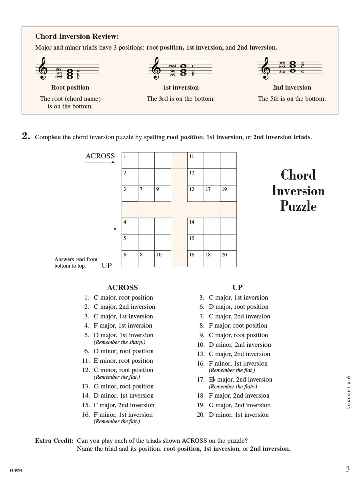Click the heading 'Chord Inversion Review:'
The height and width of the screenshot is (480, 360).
coord(77,36)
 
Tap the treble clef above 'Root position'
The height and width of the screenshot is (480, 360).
coord(43,68)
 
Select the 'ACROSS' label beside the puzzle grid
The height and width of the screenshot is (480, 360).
coord(100,156)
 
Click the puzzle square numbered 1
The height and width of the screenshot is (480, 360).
coord(130,160)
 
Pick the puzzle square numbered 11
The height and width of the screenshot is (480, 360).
coord(195,160)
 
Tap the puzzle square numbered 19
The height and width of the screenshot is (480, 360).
coord(228,193)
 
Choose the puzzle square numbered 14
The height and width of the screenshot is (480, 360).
coord(195,226)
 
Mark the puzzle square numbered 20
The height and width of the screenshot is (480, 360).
coord(228,259)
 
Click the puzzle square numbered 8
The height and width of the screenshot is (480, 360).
coord(146,259)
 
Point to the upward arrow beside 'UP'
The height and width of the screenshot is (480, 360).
coord(115,246)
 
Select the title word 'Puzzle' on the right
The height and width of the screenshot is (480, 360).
coord(298,206)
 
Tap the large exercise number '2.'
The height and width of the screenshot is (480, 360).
coord(26,136)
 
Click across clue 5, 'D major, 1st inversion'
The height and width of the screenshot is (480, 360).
coord(123,335)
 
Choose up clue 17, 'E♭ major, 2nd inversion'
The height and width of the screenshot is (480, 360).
coord(240,380)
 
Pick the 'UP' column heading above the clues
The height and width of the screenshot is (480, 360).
coord(237,287)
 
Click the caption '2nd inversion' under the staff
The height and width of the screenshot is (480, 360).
coord(292,88)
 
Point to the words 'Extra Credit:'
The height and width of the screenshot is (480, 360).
coord(54,441)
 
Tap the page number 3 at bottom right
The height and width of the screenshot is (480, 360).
coord(348,469)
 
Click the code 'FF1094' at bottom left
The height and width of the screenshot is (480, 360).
coord(16,470)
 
